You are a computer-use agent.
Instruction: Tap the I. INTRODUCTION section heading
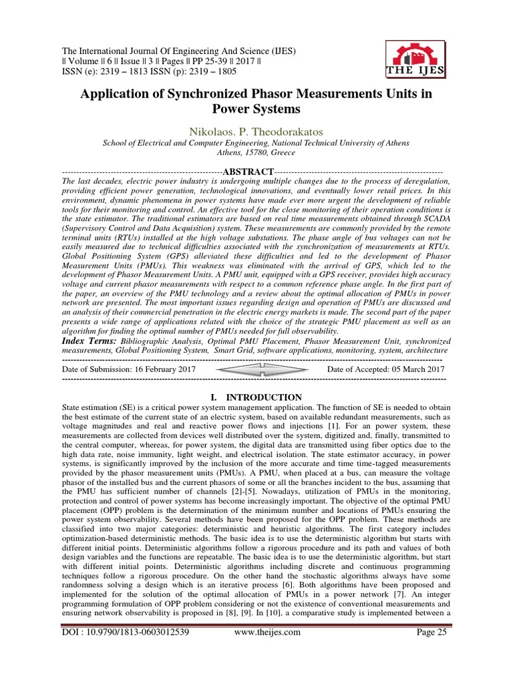coord(256,397)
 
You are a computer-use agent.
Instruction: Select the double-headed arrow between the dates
coord(256,369)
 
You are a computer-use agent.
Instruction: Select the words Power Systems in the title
coord(256,109)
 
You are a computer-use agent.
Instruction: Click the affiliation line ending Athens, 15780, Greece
coord(256,152)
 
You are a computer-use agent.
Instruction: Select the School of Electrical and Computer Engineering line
coord(256,142)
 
